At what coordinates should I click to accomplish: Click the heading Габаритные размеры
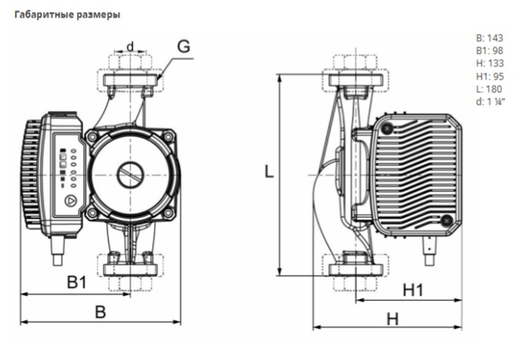pos(67,15)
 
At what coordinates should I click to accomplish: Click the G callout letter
pos(183,47)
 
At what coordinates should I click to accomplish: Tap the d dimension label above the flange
pos(131,46)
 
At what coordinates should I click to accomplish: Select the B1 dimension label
pos(77,282)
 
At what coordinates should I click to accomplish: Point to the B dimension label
pos(100,312)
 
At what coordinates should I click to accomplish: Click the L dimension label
pos(269,172)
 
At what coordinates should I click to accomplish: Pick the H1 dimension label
pos(413,290)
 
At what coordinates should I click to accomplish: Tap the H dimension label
pos(393,319)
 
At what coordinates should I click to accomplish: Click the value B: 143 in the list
pos(489,38)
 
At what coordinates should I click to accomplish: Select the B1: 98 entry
pos(489,51)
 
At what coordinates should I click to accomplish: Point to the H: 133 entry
pos(490,63)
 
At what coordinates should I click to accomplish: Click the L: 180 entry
pos(489,89)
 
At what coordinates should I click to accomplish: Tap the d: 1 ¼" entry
pos(490,101)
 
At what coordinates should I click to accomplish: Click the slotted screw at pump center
pos(130,175)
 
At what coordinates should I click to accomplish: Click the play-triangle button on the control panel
pos(70,201)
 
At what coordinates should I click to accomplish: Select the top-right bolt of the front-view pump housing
pos(169,136)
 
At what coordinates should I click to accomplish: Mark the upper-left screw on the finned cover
pos(388,128)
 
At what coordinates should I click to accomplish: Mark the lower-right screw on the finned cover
pos(447,220)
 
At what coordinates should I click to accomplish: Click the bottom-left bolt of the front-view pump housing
pos(92,213)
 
